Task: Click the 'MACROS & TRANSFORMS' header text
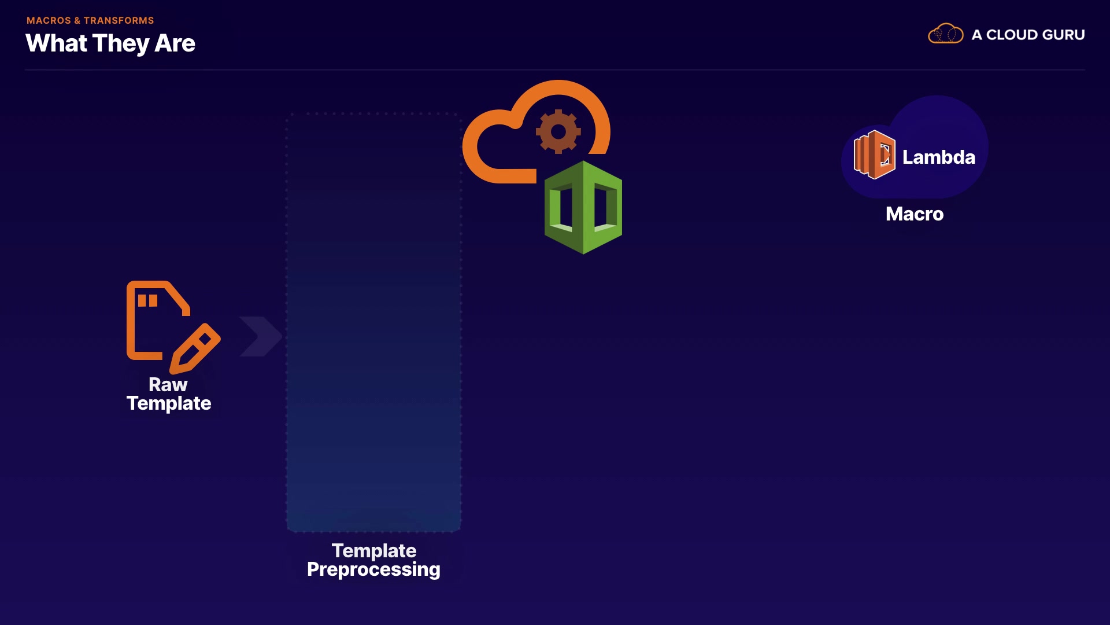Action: click(90, 20)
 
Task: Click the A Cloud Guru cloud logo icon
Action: click(945, 34)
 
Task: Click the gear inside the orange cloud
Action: click(558, 132)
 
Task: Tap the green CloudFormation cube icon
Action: click(583, 207)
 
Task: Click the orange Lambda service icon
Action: click(874, 155)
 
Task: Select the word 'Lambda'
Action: click(938, 157)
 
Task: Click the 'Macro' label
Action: click(914, 214)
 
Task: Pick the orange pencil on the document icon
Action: click(195, 348)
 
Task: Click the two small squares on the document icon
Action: click(147, 300)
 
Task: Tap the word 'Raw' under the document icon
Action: click(168, 384)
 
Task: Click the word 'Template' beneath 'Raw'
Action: click(169, 403)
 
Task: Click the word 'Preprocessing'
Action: click(373, 569)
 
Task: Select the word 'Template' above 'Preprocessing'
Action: click(374, 550)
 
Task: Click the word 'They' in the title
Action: click(121, 43)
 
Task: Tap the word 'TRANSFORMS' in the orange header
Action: click(119, 20)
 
